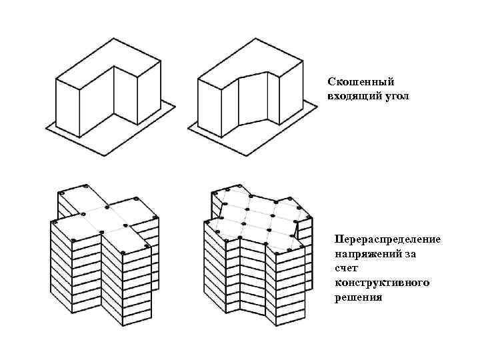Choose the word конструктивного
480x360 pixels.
[382, 283]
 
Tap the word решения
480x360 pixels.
[359, 297]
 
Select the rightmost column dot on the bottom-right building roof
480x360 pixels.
[310, 216]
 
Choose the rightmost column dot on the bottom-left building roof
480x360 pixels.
[155, 217]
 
